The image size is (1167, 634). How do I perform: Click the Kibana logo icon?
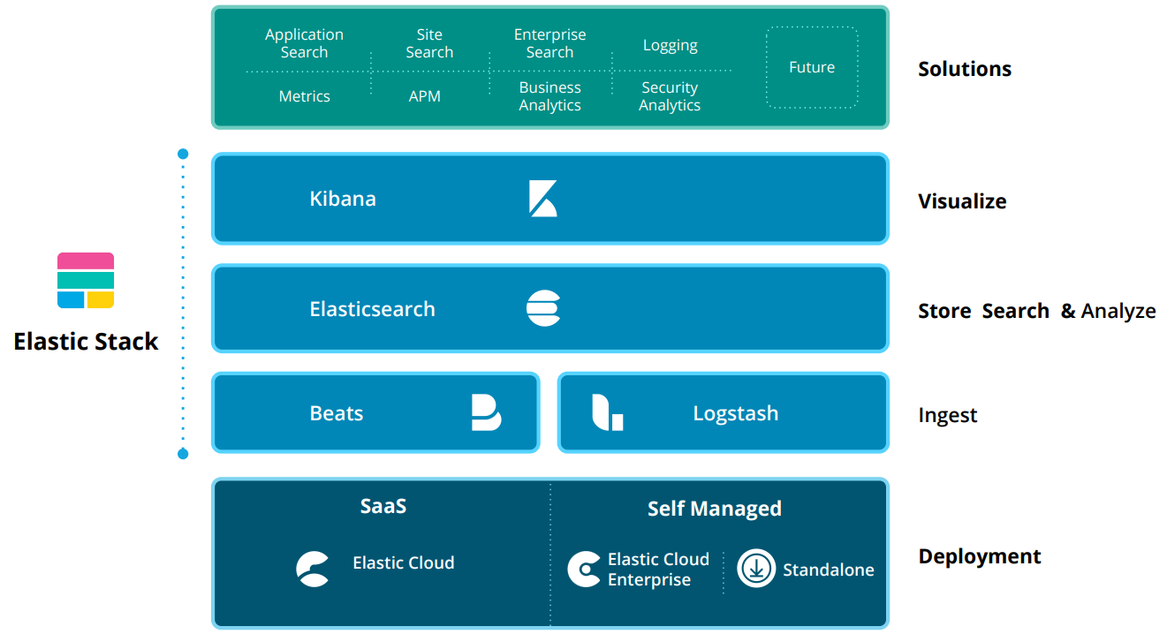[x=542, y=199]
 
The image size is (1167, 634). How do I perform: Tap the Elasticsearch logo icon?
[x=543, y=308]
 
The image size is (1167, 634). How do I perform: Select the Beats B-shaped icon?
[x=486, y=412]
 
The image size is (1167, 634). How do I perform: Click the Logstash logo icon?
[x=607, y=412]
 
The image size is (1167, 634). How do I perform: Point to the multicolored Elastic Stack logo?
[x=86, y=281]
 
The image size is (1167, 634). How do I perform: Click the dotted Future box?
[x=811, y=68]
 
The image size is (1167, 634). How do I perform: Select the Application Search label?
[x=304, y=43]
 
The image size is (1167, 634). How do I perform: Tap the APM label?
[x=425, y=96]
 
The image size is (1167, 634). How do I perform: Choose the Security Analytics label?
[x=670, y=96]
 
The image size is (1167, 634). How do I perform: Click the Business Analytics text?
[x=549, y=96]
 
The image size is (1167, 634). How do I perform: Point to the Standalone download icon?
[x=756, y=569]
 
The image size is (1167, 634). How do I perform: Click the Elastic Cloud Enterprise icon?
[x=584, y=570]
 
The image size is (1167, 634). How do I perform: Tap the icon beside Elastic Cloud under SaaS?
[x=313, y=569]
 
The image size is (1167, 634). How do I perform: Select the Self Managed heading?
[x=714, y=509]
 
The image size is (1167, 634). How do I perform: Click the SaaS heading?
[x=383, y=506]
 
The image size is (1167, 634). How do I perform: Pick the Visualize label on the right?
[x=962, y=201]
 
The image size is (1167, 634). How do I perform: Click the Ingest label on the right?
[x=947, y=415]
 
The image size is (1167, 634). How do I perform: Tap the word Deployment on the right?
[x=980, y=556]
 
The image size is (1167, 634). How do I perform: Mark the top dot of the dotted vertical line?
[x=183, y=154]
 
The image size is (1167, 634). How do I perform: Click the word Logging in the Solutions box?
[x=670, y=45]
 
